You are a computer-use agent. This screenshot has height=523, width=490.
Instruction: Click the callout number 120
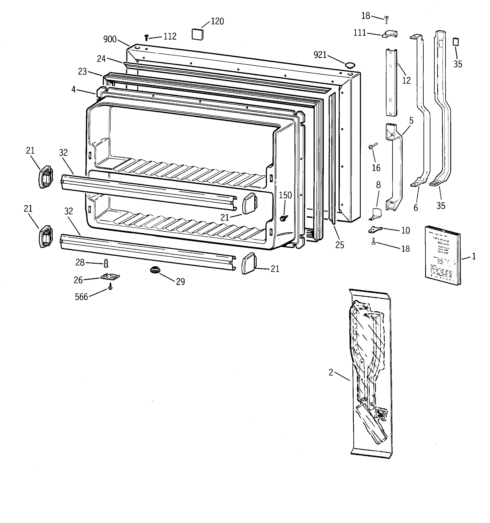click(x=217, y=21)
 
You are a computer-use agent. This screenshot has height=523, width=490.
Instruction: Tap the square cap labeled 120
click(x=197, y=34)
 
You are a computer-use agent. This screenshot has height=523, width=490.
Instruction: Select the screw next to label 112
click(x=147, y=38)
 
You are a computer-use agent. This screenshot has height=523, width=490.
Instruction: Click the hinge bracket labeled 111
click(x=390, y=34)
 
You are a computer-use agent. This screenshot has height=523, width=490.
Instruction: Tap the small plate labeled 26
click(x=110, y=277)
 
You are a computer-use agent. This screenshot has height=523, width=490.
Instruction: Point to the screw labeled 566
click(x=110, y=288)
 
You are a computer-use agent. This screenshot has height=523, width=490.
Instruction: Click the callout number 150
click(x=285, y=195)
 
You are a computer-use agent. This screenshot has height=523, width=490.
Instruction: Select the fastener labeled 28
click(x=106, y=262)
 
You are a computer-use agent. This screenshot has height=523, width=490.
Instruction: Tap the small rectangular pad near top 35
click(x=456, y=42)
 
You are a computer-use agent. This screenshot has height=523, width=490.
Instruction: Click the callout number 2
click(x=331, y=373)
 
